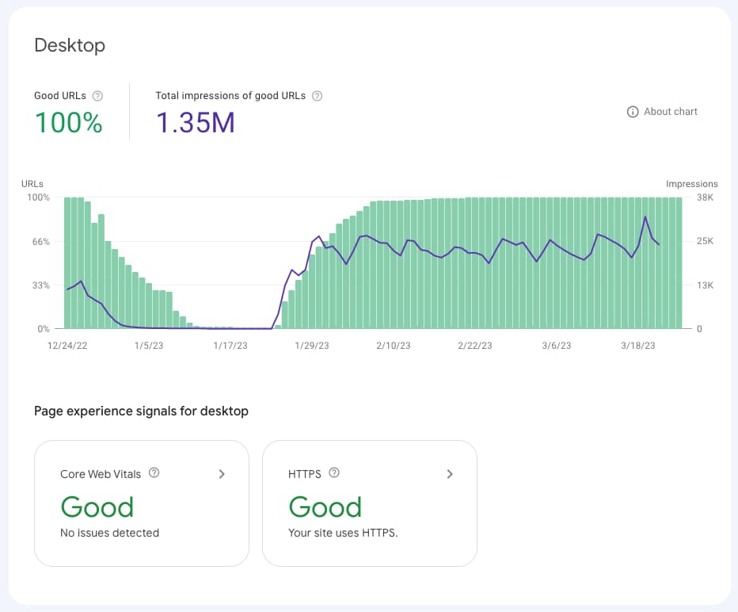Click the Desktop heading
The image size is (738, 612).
pos(70,45)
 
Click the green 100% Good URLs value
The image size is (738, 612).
pos(68,123)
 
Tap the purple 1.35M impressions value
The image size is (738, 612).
pos(195,123)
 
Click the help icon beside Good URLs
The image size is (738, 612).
pos(97,96)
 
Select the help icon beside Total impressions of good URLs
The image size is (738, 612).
pos(317,96)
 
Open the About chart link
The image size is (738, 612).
pos(662,112)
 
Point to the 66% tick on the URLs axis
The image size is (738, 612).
pos(39,242)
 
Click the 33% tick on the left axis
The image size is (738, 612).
pos(39,285)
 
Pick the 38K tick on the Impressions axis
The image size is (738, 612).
pos(705,197)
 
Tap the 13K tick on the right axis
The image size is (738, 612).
pos(705,285)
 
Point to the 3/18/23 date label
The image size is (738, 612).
pos(637,346)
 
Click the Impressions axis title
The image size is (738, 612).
pos(691,184)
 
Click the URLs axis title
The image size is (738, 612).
pos(32,184)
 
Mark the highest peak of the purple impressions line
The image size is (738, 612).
pos(645,217)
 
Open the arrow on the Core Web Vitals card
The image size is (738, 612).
pos(222,474)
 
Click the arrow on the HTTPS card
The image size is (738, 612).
pos(450,474)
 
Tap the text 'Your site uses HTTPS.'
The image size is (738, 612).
pos(343,533)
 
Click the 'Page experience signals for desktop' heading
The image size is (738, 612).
pos(141,411)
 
